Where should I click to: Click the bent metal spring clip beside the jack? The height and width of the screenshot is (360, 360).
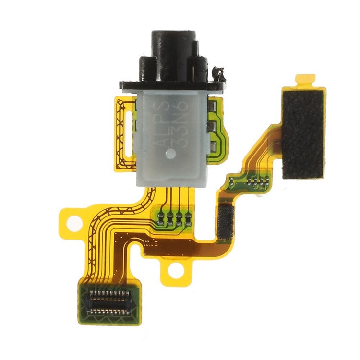220,73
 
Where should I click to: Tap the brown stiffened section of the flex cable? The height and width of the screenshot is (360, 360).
182,247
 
